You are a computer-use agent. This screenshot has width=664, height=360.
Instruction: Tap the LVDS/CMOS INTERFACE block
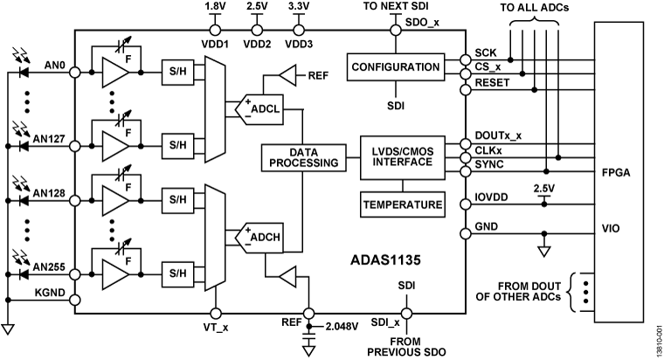pyautogui.click(x=401, y=158)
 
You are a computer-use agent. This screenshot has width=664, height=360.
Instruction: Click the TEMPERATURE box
pyautogui.click(x=401, y=204)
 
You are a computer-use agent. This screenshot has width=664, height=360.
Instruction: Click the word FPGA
pyautogui.click(x=622, y=172)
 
